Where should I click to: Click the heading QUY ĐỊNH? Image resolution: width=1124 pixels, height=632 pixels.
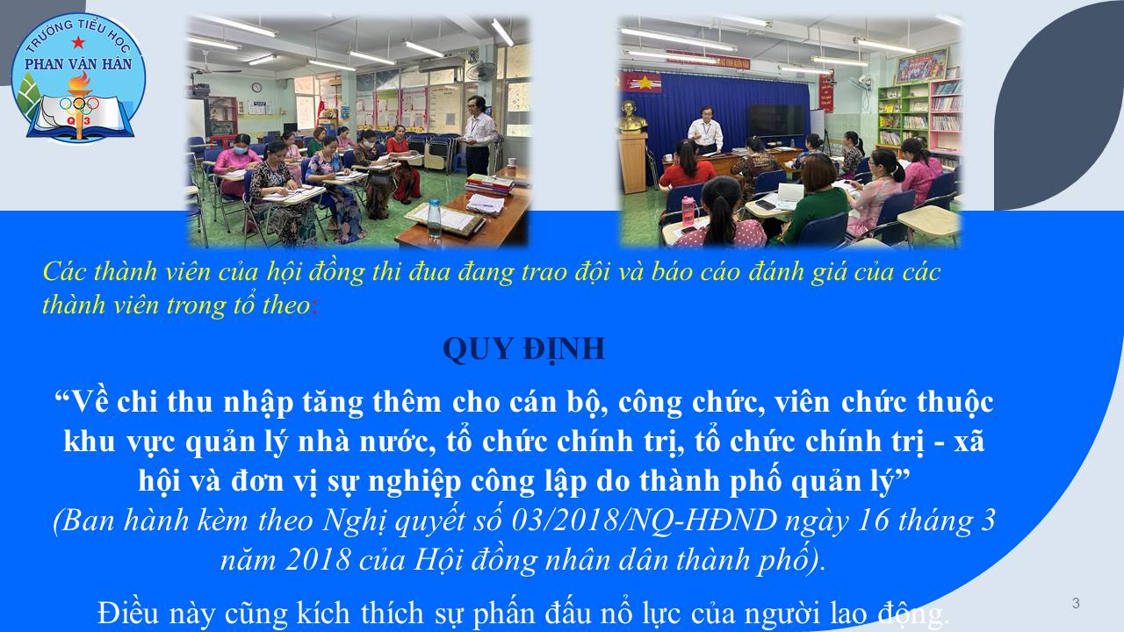click(x=524, y=349)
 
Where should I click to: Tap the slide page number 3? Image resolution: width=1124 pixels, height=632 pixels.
click(x=1076, y=603)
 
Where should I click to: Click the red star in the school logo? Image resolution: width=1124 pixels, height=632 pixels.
click(x=78, y=42)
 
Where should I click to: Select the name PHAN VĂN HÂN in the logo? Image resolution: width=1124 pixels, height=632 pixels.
click(x=78, y=64)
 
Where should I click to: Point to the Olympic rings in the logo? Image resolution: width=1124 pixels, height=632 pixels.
click(x=79, y=104)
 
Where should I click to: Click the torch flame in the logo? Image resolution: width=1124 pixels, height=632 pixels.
click(x=80, y=80)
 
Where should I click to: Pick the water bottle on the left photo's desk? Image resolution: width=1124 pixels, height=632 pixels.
click(x=434, y=219)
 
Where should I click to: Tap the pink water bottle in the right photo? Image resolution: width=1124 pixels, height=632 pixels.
click(x=688, y=212)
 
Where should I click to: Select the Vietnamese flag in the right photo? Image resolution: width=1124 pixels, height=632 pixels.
click(x=641, y=82)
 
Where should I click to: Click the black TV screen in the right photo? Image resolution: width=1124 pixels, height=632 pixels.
click(x=777, y=120)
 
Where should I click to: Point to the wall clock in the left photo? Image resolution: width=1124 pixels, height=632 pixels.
click(x=256, y=87)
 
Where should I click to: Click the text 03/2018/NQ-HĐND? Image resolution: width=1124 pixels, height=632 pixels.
click(x=645, y=521)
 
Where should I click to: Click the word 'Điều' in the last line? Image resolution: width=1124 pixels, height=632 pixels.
click(x=128, y=613)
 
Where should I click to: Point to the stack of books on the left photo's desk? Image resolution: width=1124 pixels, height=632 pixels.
click(x=490, y=183)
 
